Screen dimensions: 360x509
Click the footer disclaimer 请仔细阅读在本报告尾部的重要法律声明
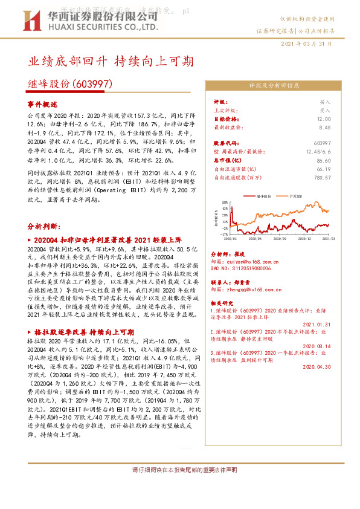pos(180,487)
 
